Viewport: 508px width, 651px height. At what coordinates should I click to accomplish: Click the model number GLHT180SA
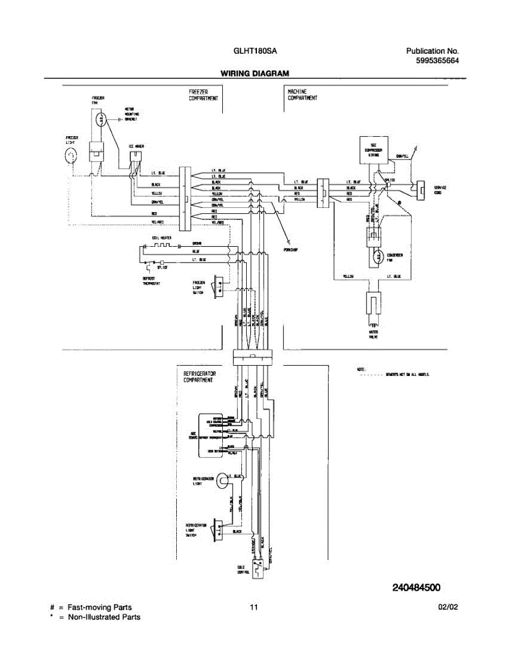point(255,51)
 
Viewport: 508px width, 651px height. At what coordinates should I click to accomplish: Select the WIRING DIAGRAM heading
point(254,73)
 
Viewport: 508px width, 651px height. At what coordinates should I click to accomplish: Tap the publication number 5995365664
point(437,61)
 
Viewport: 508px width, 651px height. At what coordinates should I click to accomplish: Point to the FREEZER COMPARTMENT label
point(203,95)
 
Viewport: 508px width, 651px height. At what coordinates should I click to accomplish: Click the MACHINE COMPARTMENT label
point(302,95)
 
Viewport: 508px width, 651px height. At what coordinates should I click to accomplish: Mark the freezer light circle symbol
point(71,157)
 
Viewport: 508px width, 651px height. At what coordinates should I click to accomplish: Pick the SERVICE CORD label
point(440,190)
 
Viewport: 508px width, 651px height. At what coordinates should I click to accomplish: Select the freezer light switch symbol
point(219,286)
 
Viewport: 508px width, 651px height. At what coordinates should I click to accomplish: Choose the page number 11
point(253,608)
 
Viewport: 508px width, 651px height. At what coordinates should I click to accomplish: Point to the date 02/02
point(448,608)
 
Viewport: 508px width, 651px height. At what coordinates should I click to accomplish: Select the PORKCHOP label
point(291,250)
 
